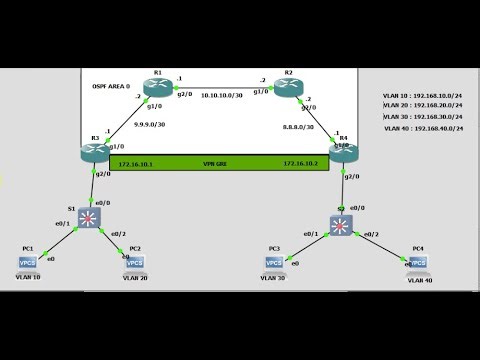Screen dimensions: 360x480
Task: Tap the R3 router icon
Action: [x=98, y=150]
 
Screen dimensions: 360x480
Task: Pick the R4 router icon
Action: [x=343, y=151]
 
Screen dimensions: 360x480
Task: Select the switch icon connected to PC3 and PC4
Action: [x=342, y=225]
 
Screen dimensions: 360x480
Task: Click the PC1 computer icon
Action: [x=28, y=262]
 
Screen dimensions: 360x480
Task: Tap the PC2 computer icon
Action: [x=134, y=261]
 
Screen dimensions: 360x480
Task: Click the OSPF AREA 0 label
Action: [x=112, y=87]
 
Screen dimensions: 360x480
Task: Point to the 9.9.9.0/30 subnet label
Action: [x=149, y=126]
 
